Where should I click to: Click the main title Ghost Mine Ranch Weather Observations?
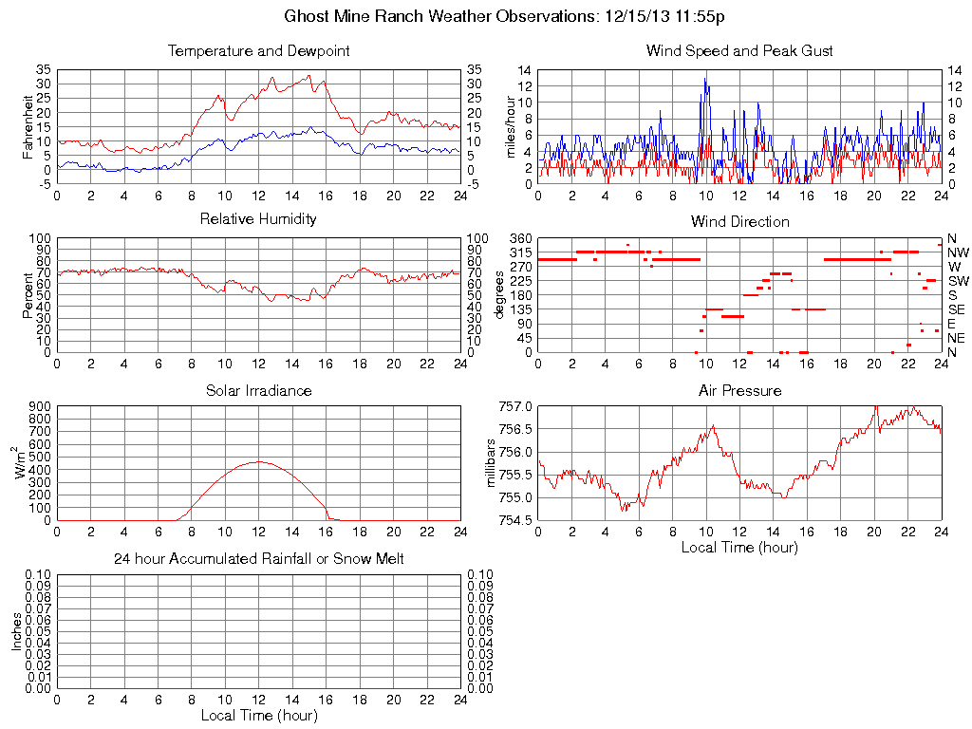[x=505, y=16]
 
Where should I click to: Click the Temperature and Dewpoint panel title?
[x=258, y=51]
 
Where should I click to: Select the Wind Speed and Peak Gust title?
[x=739, y=51]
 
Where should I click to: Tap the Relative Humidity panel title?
[x=258, y=219]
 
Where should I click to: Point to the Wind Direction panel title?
[x=739, y=222]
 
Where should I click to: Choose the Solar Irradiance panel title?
[x=258, y=391]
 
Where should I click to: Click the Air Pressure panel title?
[x=739, y=391]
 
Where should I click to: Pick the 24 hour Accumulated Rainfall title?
[x=258, y=559]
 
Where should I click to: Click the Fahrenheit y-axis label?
[x=28, y=126]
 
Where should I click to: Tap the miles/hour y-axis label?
[x=510, y=126]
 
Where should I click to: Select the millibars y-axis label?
[x=491, y=462]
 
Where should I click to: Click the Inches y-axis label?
[x=16, y=631]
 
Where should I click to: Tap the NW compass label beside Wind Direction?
[x=958, y=252]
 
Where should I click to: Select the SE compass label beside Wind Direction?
[x=957, y=309]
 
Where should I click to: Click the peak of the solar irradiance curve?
[x=258, y=461]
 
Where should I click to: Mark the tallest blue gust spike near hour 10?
[x=705, y=79]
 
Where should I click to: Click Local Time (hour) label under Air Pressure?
[x=739, y=547]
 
